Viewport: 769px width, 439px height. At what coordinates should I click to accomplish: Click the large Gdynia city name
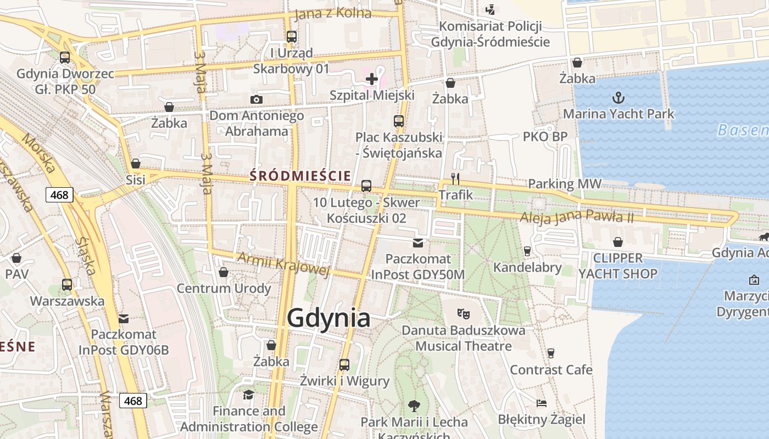pos(328,318)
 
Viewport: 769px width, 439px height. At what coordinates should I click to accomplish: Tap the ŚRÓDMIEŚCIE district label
pos(300,176)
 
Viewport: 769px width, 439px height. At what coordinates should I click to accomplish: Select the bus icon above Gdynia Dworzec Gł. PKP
pos(65,58)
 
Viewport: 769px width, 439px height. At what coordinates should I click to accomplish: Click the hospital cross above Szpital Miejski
pos(372,79)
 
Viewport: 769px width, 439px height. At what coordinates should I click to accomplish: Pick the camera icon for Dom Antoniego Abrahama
pos(256,99)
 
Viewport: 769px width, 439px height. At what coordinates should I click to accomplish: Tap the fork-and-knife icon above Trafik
pos(455,178)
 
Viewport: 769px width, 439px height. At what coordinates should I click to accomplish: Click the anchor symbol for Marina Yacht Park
pos(618,98)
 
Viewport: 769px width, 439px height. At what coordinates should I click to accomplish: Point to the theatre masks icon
pos(464,314)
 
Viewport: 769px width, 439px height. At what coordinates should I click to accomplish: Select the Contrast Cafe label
pos(551,370)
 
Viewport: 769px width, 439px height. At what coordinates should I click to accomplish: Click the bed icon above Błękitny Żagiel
pos(542,403)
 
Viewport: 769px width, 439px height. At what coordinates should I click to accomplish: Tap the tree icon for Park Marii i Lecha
pos(414,406)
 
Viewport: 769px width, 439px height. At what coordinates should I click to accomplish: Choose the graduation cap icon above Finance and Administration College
pos(249,395)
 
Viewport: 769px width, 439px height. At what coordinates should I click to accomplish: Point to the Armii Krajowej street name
pos(283,263)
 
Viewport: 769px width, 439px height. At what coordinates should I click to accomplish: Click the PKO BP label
pos(545,137)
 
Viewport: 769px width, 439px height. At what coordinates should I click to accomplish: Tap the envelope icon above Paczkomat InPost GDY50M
pos(419,243)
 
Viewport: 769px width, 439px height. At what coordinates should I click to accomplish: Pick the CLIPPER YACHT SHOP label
pos(618,266)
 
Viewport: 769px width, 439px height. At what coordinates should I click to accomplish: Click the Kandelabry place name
pos(527,268)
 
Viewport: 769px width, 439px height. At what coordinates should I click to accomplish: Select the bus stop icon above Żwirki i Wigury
pos(344,364)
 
